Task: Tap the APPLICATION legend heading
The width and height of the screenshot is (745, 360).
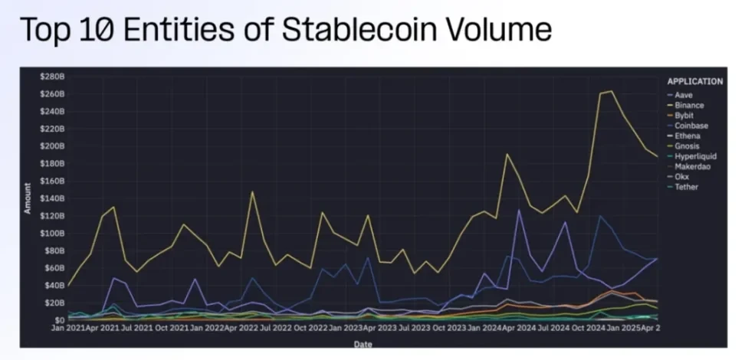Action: pyautogui.click(x=694, y=81)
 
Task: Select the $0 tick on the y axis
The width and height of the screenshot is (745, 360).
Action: pyautogui.click(x=58, y=319)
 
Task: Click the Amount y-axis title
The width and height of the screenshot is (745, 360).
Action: pyautogui.click(x=28, y=198)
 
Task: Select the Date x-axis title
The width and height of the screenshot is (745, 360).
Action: pyautogui.click(x=363, y=344)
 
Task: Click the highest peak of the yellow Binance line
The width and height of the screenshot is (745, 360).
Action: pyautogui.click(x=611, y=91)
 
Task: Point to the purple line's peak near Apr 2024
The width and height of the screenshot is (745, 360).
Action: pyautogui.click(x=520, y=209)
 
